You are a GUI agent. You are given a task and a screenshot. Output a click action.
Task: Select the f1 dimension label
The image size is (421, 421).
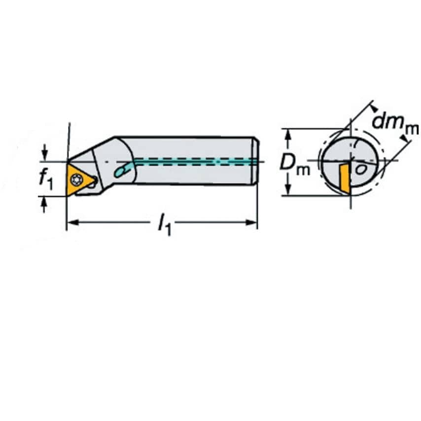45,178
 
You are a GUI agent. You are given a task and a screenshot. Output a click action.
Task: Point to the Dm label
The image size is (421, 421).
295,163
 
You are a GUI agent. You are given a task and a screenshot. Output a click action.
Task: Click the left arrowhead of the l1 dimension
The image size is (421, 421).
70,223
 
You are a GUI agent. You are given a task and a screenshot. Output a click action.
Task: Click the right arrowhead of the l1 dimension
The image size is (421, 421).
253,223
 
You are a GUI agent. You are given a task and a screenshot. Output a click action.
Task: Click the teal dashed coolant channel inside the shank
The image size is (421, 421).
197,161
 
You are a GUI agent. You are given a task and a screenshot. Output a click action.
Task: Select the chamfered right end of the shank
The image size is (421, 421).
255,161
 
